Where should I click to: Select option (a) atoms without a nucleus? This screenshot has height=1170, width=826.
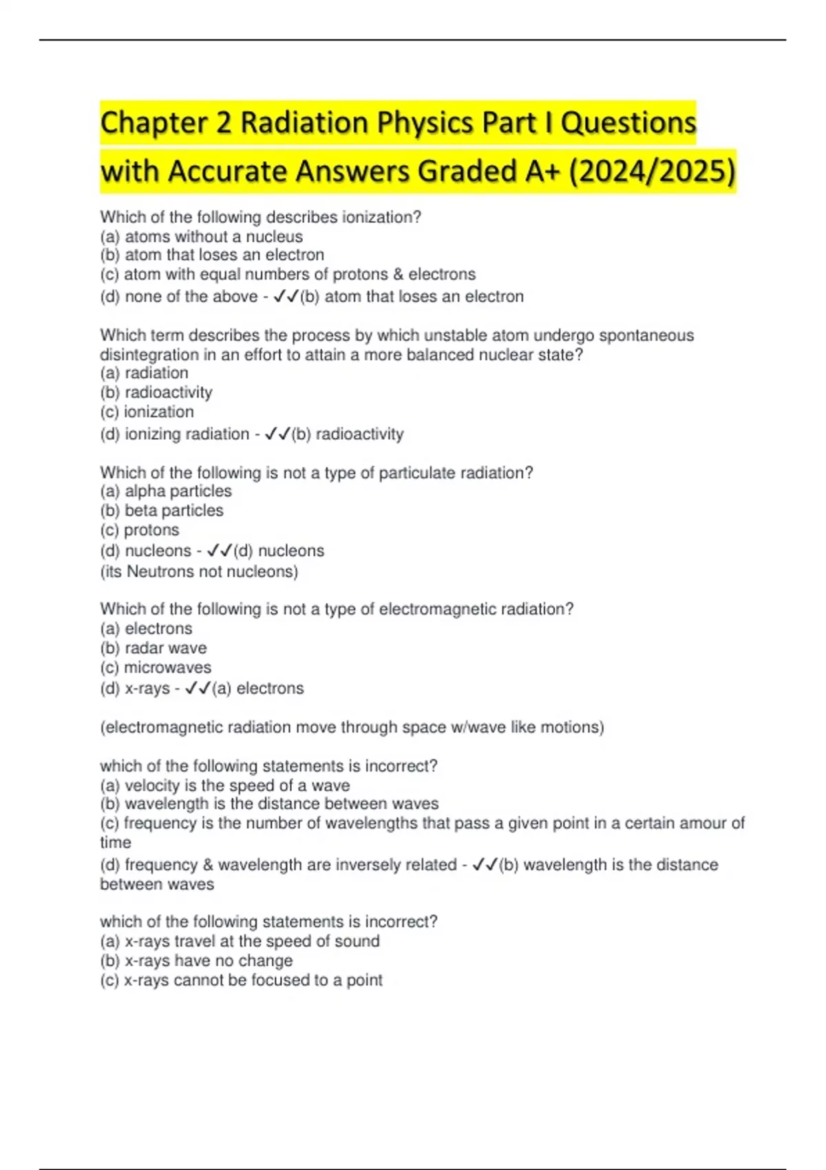201,237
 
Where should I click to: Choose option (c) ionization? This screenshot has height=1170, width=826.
147,412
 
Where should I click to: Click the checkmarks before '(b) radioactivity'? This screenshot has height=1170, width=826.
277,434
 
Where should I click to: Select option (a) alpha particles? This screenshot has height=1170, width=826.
166,491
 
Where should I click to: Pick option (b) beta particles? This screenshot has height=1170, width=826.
162,511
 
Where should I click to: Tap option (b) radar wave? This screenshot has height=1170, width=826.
153,648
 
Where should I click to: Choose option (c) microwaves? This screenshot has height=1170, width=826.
156,668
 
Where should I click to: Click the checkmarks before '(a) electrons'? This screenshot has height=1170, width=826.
198,688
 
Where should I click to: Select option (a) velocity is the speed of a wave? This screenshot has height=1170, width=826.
225,786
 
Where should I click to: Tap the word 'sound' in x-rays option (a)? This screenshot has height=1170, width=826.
357,942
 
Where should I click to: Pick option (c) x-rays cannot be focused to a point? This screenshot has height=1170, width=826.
241,981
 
